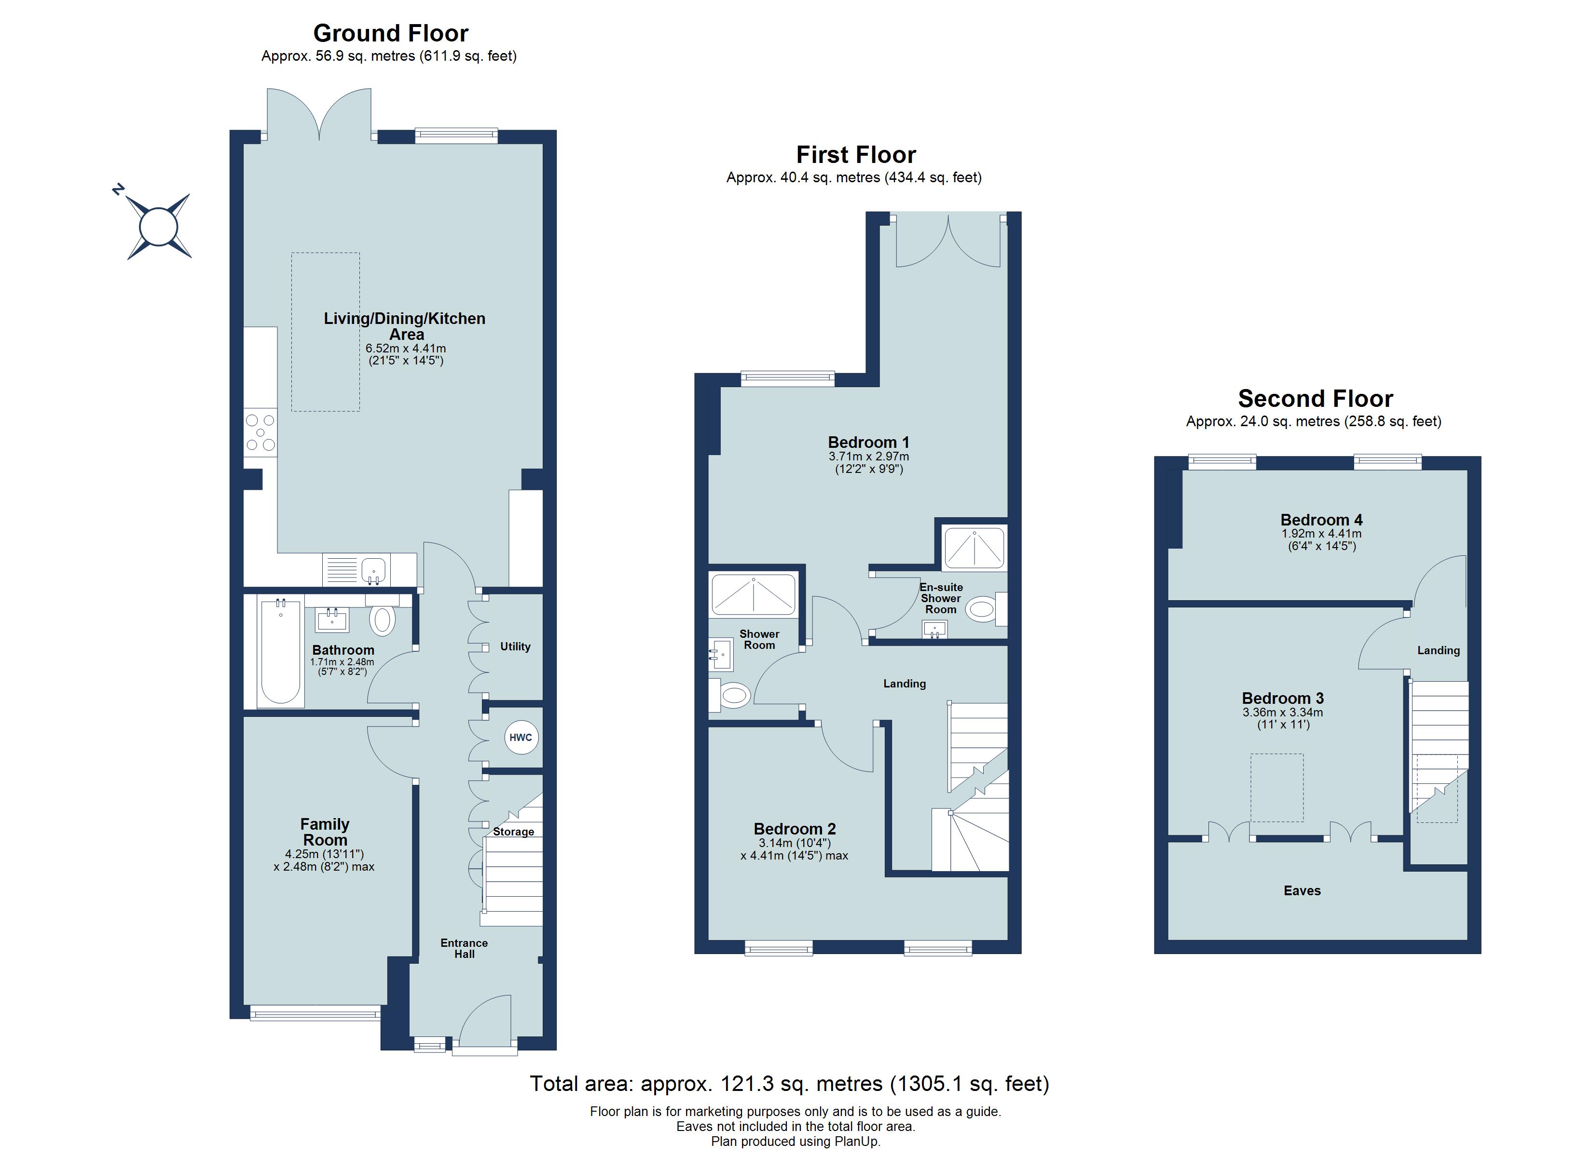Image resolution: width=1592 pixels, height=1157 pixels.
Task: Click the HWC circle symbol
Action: coord(520,738)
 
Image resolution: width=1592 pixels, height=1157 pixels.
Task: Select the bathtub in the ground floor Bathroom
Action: coord(280,650)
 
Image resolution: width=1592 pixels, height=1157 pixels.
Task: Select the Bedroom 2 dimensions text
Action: coord(794,850)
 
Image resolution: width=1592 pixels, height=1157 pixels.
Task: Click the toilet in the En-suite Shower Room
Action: coord(982,608)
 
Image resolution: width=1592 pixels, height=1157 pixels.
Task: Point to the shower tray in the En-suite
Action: coord(974,548)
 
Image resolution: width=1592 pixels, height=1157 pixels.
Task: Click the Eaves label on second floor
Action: coord(1302,890)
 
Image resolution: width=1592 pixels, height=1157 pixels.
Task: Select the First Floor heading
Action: coord(856,154)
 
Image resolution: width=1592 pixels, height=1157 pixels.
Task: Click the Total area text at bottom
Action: coord(789,1084)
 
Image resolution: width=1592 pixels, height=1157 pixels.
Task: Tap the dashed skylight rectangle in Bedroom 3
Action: coord(1277,787)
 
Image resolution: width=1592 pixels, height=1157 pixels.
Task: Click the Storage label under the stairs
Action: coord(513,832)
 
